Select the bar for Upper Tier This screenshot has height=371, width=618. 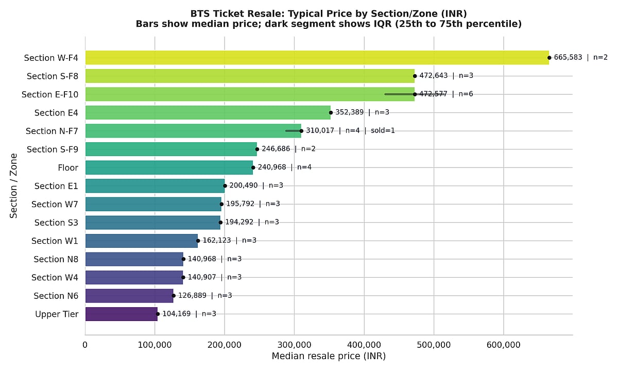[x=121, y=314]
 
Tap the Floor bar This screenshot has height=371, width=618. [x=169, y=167]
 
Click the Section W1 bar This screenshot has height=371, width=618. [x=141, y=241]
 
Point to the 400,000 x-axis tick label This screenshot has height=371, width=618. [x=364, y=345]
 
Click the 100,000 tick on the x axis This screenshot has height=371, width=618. [x=155, y=345]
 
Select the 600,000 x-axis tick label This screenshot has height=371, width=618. [x=504, y=345]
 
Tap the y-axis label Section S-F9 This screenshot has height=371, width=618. [x=53, y=149]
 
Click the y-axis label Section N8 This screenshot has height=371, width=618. [x=56, y=259]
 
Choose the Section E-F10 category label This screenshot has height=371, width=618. [x=50, y=94]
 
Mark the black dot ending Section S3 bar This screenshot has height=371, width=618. [x=220, y=223]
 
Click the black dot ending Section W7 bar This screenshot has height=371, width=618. [x=221, y=204]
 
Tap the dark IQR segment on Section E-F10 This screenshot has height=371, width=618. [x=397, y=94]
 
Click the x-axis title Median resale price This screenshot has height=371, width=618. [x=329, y=356]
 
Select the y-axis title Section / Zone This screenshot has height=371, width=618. [x=14, y=185]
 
